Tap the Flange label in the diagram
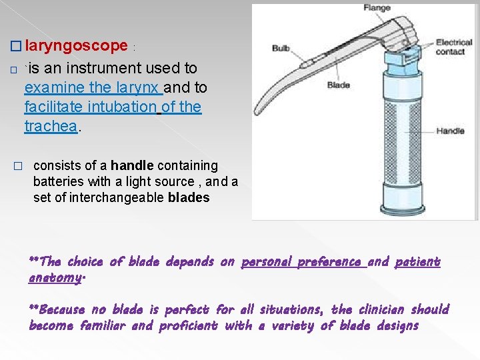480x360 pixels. point(377,8)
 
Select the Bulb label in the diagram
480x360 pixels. point(281,49)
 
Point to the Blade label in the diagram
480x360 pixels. point(339,85)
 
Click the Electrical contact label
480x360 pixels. point(454,47)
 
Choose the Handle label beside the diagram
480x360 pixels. point(450,131)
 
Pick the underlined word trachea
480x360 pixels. point(51,126)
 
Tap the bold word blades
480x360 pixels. point(189,197)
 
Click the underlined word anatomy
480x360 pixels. point(55,277)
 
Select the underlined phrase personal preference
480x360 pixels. point(302,262)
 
